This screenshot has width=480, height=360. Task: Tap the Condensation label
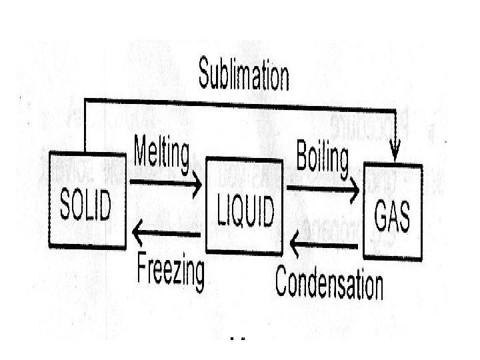pos(329,283)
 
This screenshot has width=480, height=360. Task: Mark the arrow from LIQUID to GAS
pos(323,190)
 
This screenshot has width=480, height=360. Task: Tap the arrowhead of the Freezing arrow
pos(138,233)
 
